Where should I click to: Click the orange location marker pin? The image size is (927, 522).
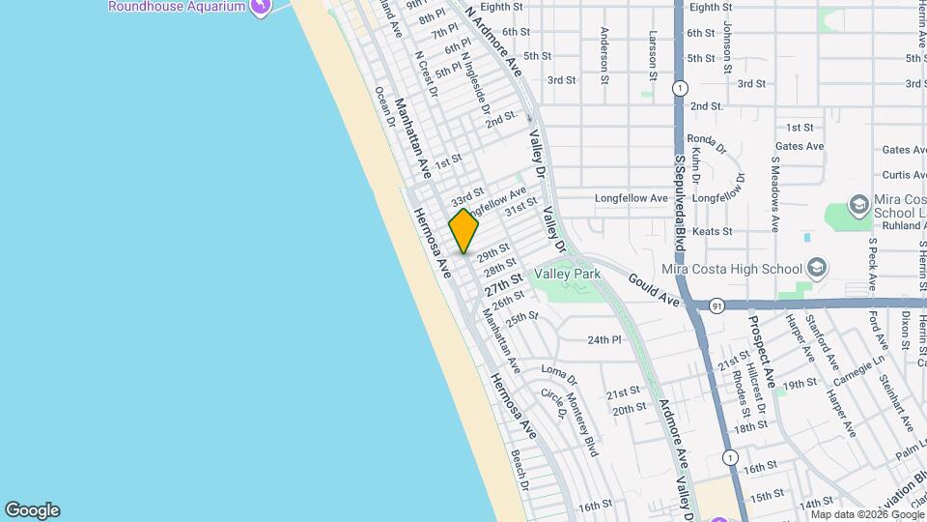click(463, 231)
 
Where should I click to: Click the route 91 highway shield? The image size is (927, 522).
click(716, 305)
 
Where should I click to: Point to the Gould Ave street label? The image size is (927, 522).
click(654, 290)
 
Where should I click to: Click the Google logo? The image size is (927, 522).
click(32, 510)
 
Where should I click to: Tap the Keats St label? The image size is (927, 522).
click(715, 232)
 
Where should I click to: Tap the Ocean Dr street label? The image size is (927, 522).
click(384, 106)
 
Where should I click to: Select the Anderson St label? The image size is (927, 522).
click(604, 56)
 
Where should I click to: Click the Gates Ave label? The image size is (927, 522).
click(800, 147)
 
